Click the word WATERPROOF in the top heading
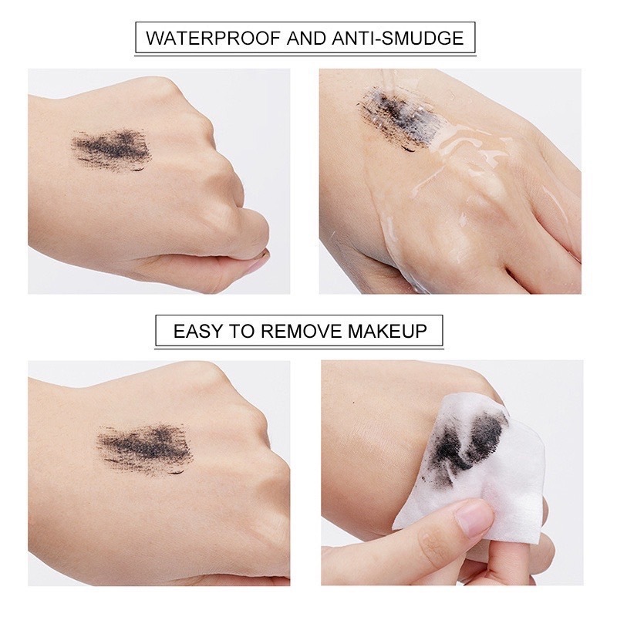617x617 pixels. pyautogui.click(x=213, y=39)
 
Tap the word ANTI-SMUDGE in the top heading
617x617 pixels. pyautogui.click(x=397, y=39)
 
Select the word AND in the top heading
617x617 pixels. pyautogui.click(x=305, y=39)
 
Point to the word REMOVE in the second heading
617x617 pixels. pyautogui.click(x=301, y=331)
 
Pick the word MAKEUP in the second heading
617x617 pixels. pyautogui.click(x=388, y=331)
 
